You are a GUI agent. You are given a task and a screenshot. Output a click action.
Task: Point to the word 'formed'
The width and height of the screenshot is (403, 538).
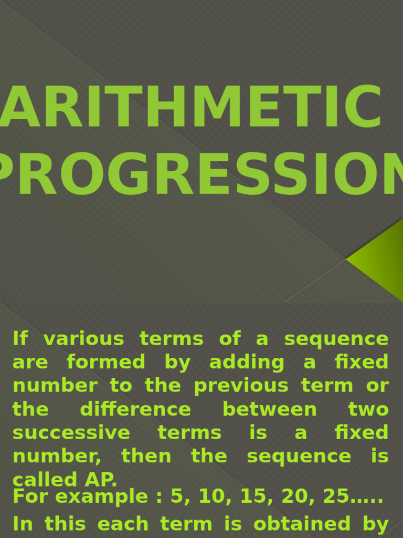pyautogui.click(x=106, y=362)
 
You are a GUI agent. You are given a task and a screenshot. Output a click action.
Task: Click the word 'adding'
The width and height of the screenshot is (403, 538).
pyautogui.click(x=247, y=362)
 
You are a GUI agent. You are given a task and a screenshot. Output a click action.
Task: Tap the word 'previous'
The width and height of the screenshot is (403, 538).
pyautogui.click(x=241, y=386)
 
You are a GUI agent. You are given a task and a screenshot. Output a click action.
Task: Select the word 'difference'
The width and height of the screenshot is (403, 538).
pyautogui.click(x=135, y=409)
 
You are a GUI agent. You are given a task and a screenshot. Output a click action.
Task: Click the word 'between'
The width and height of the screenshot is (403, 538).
pyautogui.click(x=270, y=409)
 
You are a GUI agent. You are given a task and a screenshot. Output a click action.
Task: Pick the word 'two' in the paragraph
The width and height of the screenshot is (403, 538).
pyautogui.click(x=368, y=409)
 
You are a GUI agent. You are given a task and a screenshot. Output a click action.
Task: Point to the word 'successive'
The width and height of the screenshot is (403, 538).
pyautogui.click(x=71, y=433)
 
